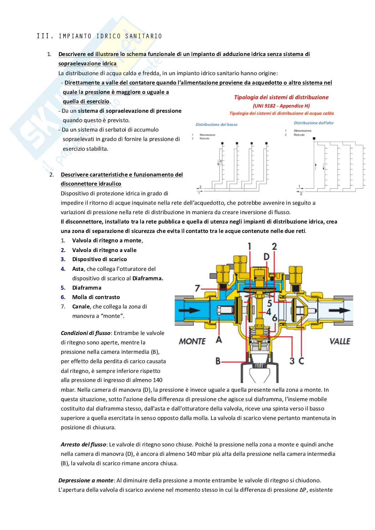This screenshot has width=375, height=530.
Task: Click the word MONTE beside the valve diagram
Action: pos(192,341)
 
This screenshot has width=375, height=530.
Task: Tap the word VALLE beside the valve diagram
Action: pos(340,341)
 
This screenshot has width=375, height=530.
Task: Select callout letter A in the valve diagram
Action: pos(219,340)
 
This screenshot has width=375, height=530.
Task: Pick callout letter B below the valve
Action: pos(218,361)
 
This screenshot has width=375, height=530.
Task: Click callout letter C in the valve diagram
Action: pos(301,361)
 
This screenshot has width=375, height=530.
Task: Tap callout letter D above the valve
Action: pos(266,257)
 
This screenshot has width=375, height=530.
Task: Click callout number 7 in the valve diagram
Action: pos(198,288)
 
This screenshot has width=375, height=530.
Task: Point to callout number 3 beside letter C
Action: pos(292,361)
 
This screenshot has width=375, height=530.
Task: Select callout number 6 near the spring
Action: pos(275,318)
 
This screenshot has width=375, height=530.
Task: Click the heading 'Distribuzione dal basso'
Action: pos(216,125)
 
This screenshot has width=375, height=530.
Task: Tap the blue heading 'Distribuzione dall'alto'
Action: pos(314,123)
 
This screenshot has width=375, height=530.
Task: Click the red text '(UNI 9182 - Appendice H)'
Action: pos(281,106)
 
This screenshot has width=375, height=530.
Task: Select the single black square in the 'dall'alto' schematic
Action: pos(314,138)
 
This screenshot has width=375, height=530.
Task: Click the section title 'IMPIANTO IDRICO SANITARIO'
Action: pos(110,36)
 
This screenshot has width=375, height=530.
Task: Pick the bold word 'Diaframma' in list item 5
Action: pos(87,288)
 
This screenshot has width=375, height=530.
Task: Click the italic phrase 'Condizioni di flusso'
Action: pos(85,333)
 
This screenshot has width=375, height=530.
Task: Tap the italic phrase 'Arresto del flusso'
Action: pos(83,444)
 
